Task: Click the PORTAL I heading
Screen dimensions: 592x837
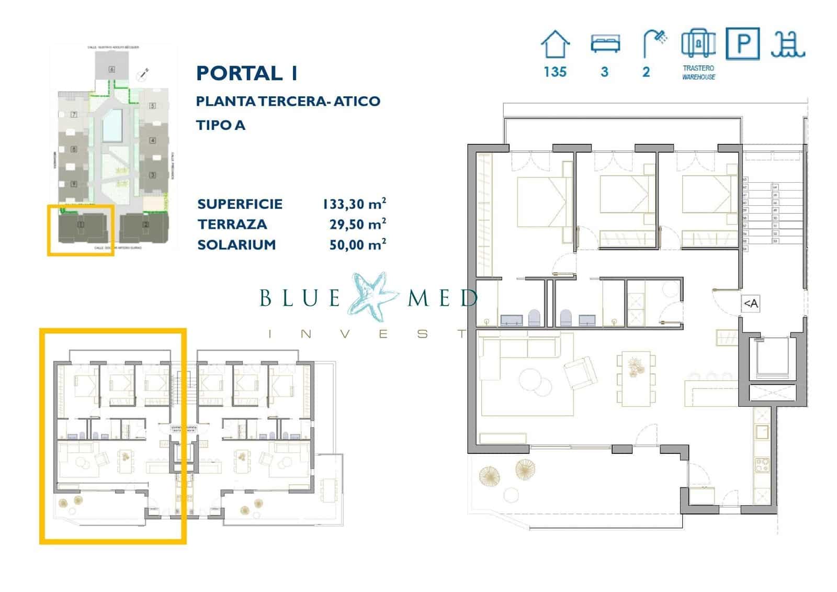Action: click(x=247, y=73)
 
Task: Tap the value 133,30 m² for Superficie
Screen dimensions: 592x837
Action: click(x=354, y=204)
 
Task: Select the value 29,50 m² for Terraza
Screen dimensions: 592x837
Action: click(x=357, y=224)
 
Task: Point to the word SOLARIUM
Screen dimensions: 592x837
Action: click(x=236, y=244)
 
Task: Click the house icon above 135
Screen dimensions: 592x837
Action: click(x=555, y=44)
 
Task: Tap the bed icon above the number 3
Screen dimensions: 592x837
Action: click(x=605, y=44)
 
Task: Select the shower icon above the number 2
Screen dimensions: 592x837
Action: click(x=654, y=43)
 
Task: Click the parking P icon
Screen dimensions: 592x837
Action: click(x=742, y=44)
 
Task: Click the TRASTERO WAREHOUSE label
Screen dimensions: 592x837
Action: click(x=698, y=72)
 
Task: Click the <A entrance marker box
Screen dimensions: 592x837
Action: click(x=751, y=304)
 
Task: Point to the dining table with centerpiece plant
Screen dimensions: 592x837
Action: click(x=636, y=379)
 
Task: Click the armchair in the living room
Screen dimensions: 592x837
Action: click(x=580, y=373)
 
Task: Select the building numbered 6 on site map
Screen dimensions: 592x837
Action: click(x=111, y=69)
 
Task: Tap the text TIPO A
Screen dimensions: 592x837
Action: click(x=220, y=125)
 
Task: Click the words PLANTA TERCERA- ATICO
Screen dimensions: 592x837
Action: click(x=288, y=101)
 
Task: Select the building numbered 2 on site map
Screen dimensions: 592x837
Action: click(x=145, y=225)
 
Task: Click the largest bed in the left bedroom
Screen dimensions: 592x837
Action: click(x=544, y=202)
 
